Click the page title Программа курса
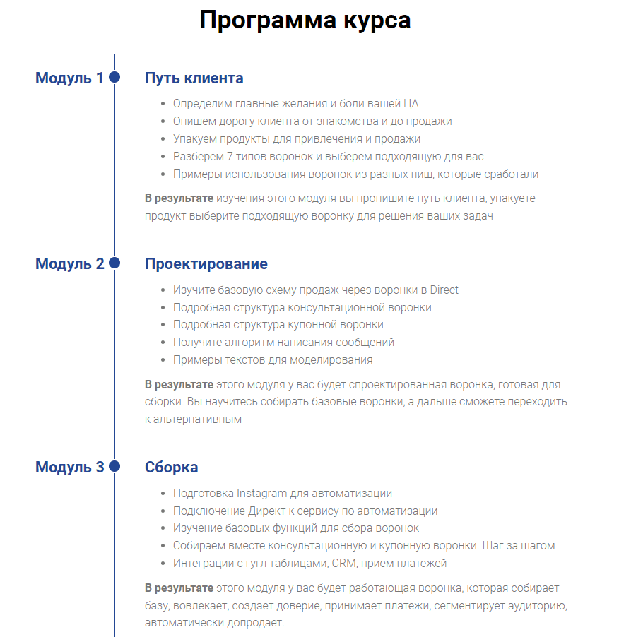coord(305,20)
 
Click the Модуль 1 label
coord(69,78)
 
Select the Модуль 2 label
coord(69,263)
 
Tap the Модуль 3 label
coord(69,467)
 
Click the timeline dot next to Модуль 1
coord(114,77)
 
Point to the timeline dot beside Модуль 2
coord(114,263)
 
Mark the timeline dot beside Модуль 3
coord(114,466)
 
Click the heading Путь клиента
coord(194,78)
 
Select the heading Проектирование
coord(206,263)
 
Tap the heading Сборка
coord(171,467)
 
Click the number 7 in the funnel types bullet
coord(228,156)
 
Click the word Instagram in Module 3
coord(265,493)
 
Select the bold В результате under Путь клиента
coord(179,198)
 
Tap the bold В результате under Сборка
coord(179,588)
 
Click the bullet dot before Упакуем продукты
coord(164,139)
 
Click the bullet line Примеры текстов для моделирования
coord(273,359)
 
